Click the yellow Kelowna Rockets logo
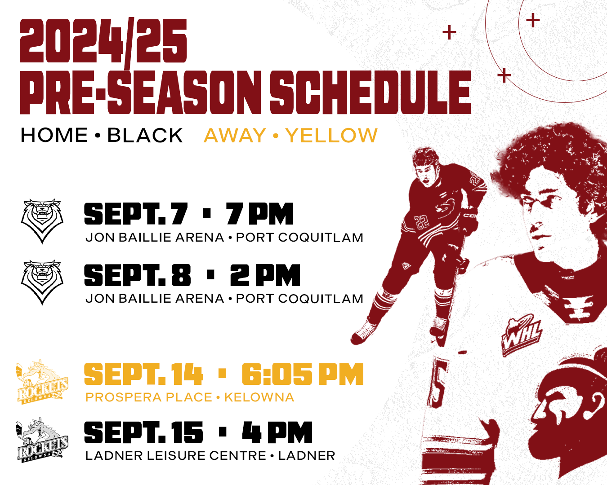(42, 382)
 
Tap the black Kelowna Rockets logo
(42, 440)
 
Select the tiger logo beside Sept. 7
(42, 221)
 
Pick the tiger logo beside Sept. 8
(42, 282)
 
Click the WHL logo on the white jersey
(522, 335)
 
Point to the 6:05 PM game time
(303, 374)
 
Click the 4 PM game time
(277, 432)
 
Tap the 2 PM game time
(265, 275)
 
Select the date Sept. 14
(143, 374)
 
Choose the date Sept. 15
(143, 432)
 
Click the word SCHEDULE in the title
(370, 92)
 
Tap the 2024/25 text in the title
(103, 41)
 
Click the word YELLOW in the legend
(331, 135)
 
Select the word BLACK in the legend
(145, 135)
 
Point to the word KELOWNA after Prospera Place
(259, 397)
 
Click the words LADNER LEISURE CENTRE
(176, 456)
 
